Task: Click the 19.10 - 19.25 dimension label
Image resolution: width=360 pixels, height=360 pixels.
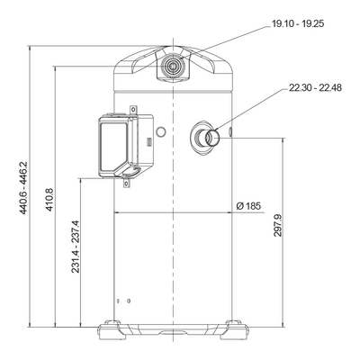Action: click(x=298, y=23)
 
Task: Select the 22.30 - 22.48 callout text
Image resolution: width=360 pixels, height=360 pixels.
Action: click(x=315, y=88)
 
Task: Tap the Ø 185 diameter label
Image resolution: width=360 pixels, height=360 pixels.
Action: click(x=248, y=206)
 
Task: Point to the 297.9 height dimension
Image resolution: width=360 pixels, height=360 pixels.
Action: click(x=278, y=226)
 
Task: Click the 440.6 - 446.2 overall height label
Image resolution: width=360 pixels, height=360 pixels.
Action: click(x=23, y=188)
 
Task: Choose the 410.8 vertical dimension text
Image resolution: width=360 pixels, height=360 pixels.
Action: click(x=49, y=200)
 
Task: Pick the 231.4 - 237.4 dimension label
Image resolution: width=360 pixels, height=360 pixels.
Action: click(x=76, y=247)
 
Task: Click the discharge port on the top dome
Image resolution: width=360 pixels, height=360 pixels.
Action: click(x=172, y=66)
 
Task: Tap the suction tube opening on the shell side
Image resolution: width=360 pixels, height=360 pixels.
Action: click(x=212, y=138)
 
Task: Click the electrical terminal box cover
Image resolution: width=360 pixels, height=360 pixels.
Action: click(x=114, y=146)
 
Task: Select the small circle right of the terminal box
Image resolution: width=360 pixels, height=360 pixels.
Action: click(x=161, y=131)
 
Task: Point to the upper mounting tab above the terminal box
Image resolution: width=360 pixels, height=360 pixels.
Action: click(x=133, y=109)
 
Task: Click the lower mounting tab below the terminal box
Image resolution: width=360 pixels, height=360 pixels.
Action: click(x=127, y=182)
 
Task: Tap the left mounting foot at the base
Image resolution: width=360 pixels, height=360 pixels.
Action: click(x=110, y=329)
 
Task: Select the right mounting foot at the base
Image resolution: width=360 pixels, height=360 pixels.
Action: click(x=237, y=329)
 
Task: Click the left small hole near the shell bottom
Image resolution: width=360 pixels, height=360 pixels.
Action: click(x=118, y=301)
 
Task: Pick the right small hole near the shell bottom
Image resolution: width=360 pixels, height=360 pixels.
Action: click(x=129, y=301)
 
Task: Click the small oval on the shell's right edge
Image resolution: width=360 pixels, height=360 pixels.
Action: click(x=230, y=131)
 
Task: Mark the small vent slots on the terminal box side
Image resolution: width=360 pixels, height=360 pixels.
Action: click(x=149, y=141)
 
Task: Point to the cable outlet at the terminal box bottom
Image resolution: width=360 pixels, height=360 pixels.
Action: click(x=130, y=171)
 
